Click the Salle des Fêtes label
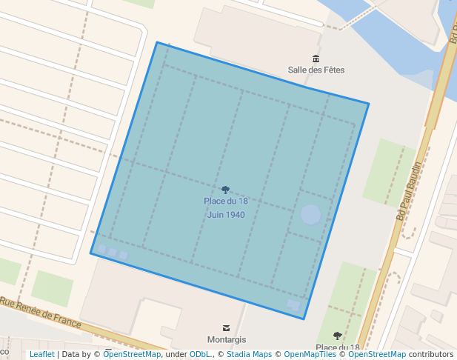tap(316, 70)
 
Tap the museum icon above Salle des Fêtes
tap(316, 59)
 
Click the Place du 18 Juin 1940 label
tap(226, 208)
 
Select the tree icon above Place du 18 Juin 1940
tap(226, 190)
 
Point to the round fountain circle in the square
tap(311, 216)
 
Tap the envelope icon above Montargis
tap(227, 327)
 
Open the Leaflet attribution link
tap(41, 355)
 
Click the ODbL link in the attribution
tap(199, 355)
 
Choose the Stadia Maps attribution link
tap(249, 355)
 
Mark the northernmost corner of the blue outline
tap(157, 42)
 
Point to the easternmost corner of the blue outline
tap(368, 104)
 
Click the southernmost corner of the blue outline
tap(304, 319)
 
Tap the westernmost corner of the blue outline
tap(91, 253)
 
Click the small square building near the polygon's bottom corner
tap(294, 305)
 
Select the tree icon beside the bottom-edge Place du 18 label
tap(338, 336)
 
